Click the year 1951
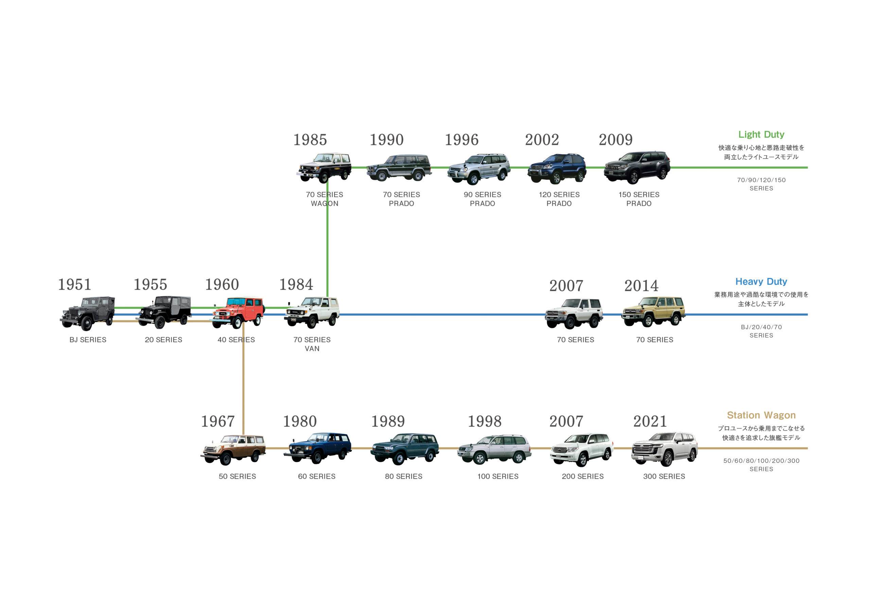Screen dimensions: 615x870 (x=74, y=285)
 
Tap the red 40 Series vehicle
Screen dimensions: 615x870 (x=238, y=312)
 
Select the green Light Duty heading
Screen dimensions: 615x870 (x=761, y=135)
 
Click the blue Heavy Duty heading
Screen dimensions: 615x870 (x=761, y=282)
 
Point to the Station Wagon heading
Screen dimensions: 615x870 (x=761, y=415)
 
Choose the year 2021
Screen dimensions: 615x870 (x=650, y=421)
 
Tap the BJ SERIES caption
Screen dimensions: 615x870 (x=88, y=340)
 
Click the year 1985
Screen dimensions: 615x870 (x=310, y=140)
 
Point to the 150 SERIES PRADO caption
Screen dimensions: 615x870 (x=639, y=199)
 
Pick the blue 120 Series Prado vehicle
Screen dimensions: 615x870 (x=557, y=168)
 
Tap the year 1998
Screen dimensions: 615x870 (x=484, y=421)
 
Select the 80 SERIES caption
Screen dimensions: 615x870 (x=403, y=476)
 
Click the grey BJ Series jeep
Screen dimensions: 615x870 (x=88, y=313)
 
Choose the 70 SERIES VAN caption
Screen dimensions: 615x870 (x=312, y=344)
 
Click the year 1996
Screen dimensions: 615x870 (x=462, y=140)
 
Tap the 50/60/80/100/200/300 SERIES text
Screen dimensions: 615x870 (x=761, y=465)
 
